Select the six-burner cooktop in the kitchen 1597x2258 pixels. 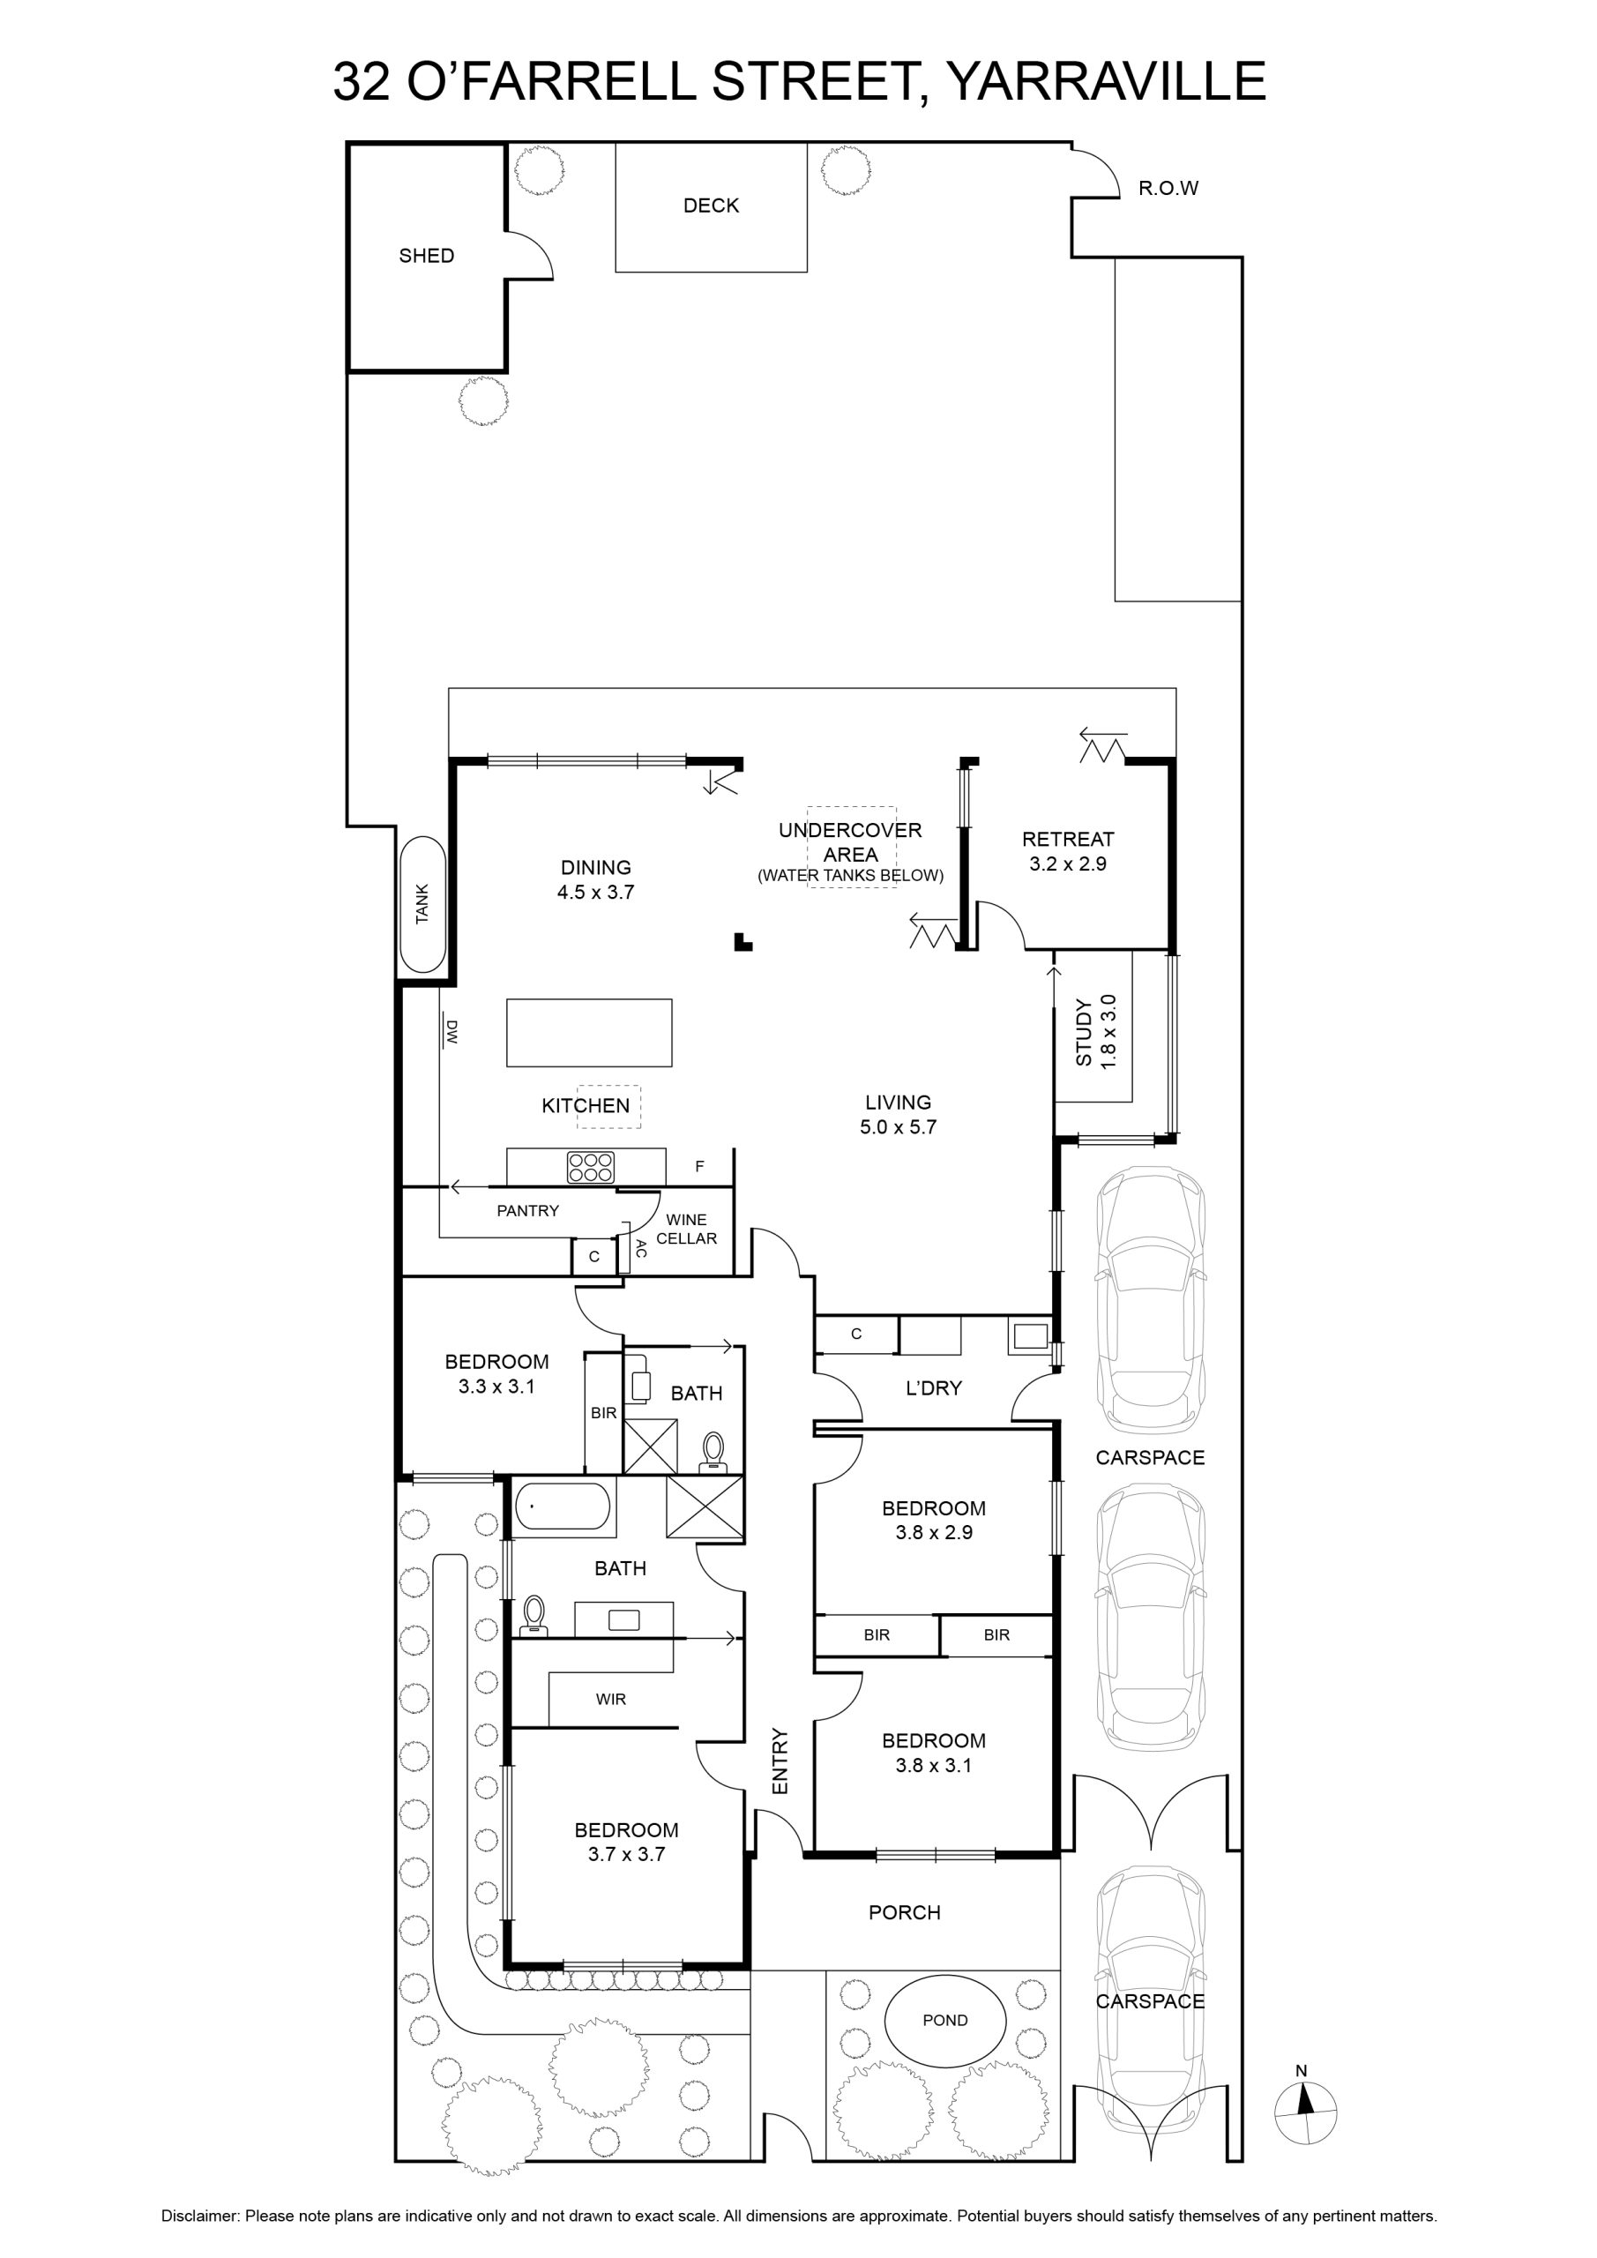[x=590, y=1167]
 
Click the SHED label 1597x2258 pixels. [x=427, y=256]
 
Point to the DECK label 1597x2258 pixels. [x=711, y=206]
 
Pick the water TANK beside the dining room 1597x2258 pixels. [x=424, y=905]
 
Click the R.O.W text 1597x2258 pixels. [x=1168, y=188]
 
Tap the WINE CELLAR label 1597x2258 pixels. [x=686, y=1229]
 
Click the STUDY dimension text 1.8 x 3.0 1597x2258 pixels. [x=1108, y=1033]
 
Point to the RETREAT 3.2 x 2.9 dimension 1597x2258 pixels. [x=1068, y=864]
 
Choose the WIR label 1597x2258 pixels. [x=611, y=1699]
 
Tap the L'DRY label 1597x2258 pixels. [x=933, y=1387]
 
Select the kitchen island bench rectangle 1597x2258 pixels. [x=589, y=1033]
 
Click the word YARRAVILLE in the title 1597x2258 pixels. [x=1107, y=80]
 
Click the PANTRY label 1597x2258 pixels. [x=527, y=1211]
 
